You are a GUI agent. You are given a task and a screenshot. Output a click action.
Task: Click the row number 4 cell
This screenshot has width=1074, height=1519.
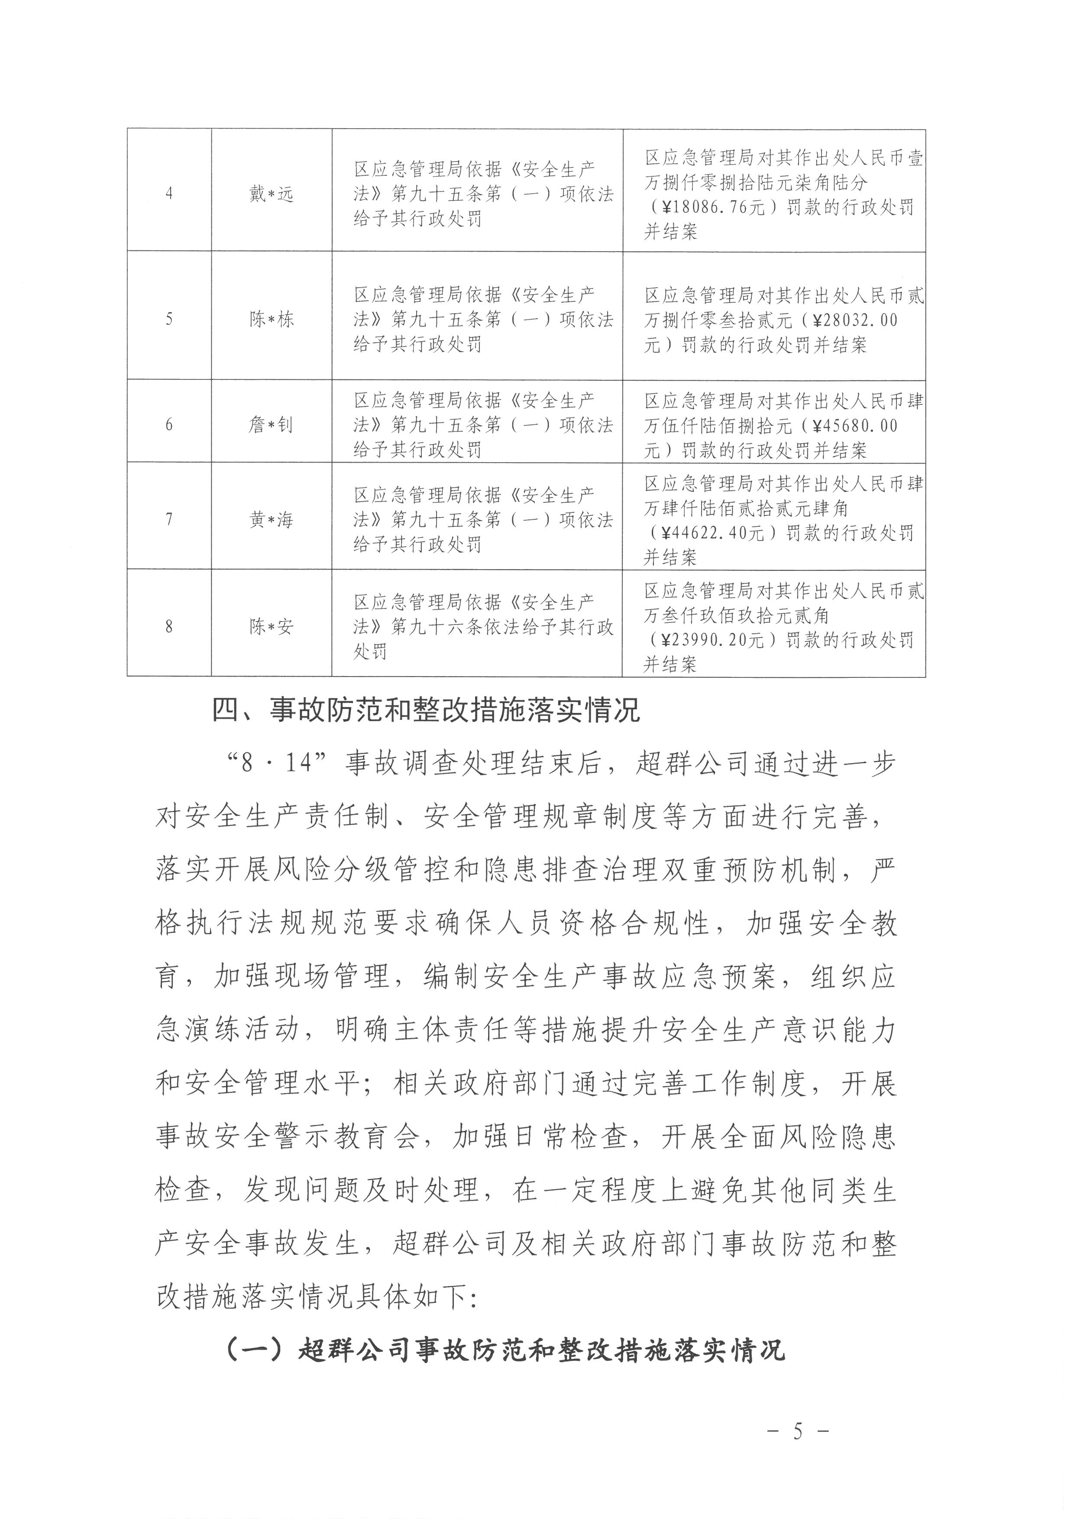pyautogui.click(x=169, y=194)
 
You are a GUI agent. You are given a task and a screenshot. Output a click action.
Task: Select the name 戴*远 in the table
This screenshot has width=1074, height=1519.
pyautogui.click(x=271, y=194)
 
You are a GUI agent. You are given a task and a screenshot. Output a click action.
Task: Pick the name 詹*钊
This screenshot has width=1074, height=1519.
pyautogui.click(x=271, y=424)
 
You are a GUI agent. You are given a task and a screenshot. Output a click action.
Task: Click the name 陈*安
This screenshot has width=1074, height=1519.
pyautogui.click(x=271, y=626)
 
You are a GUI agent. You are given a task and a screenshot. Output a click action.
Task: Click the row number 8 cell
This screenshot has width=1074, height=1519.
pyautogui.click(x=169, y=626)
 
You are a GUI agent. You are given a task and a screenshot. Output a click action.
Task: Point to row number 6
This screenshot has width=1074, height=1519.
pyautogui.click(x=169, y=424)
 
